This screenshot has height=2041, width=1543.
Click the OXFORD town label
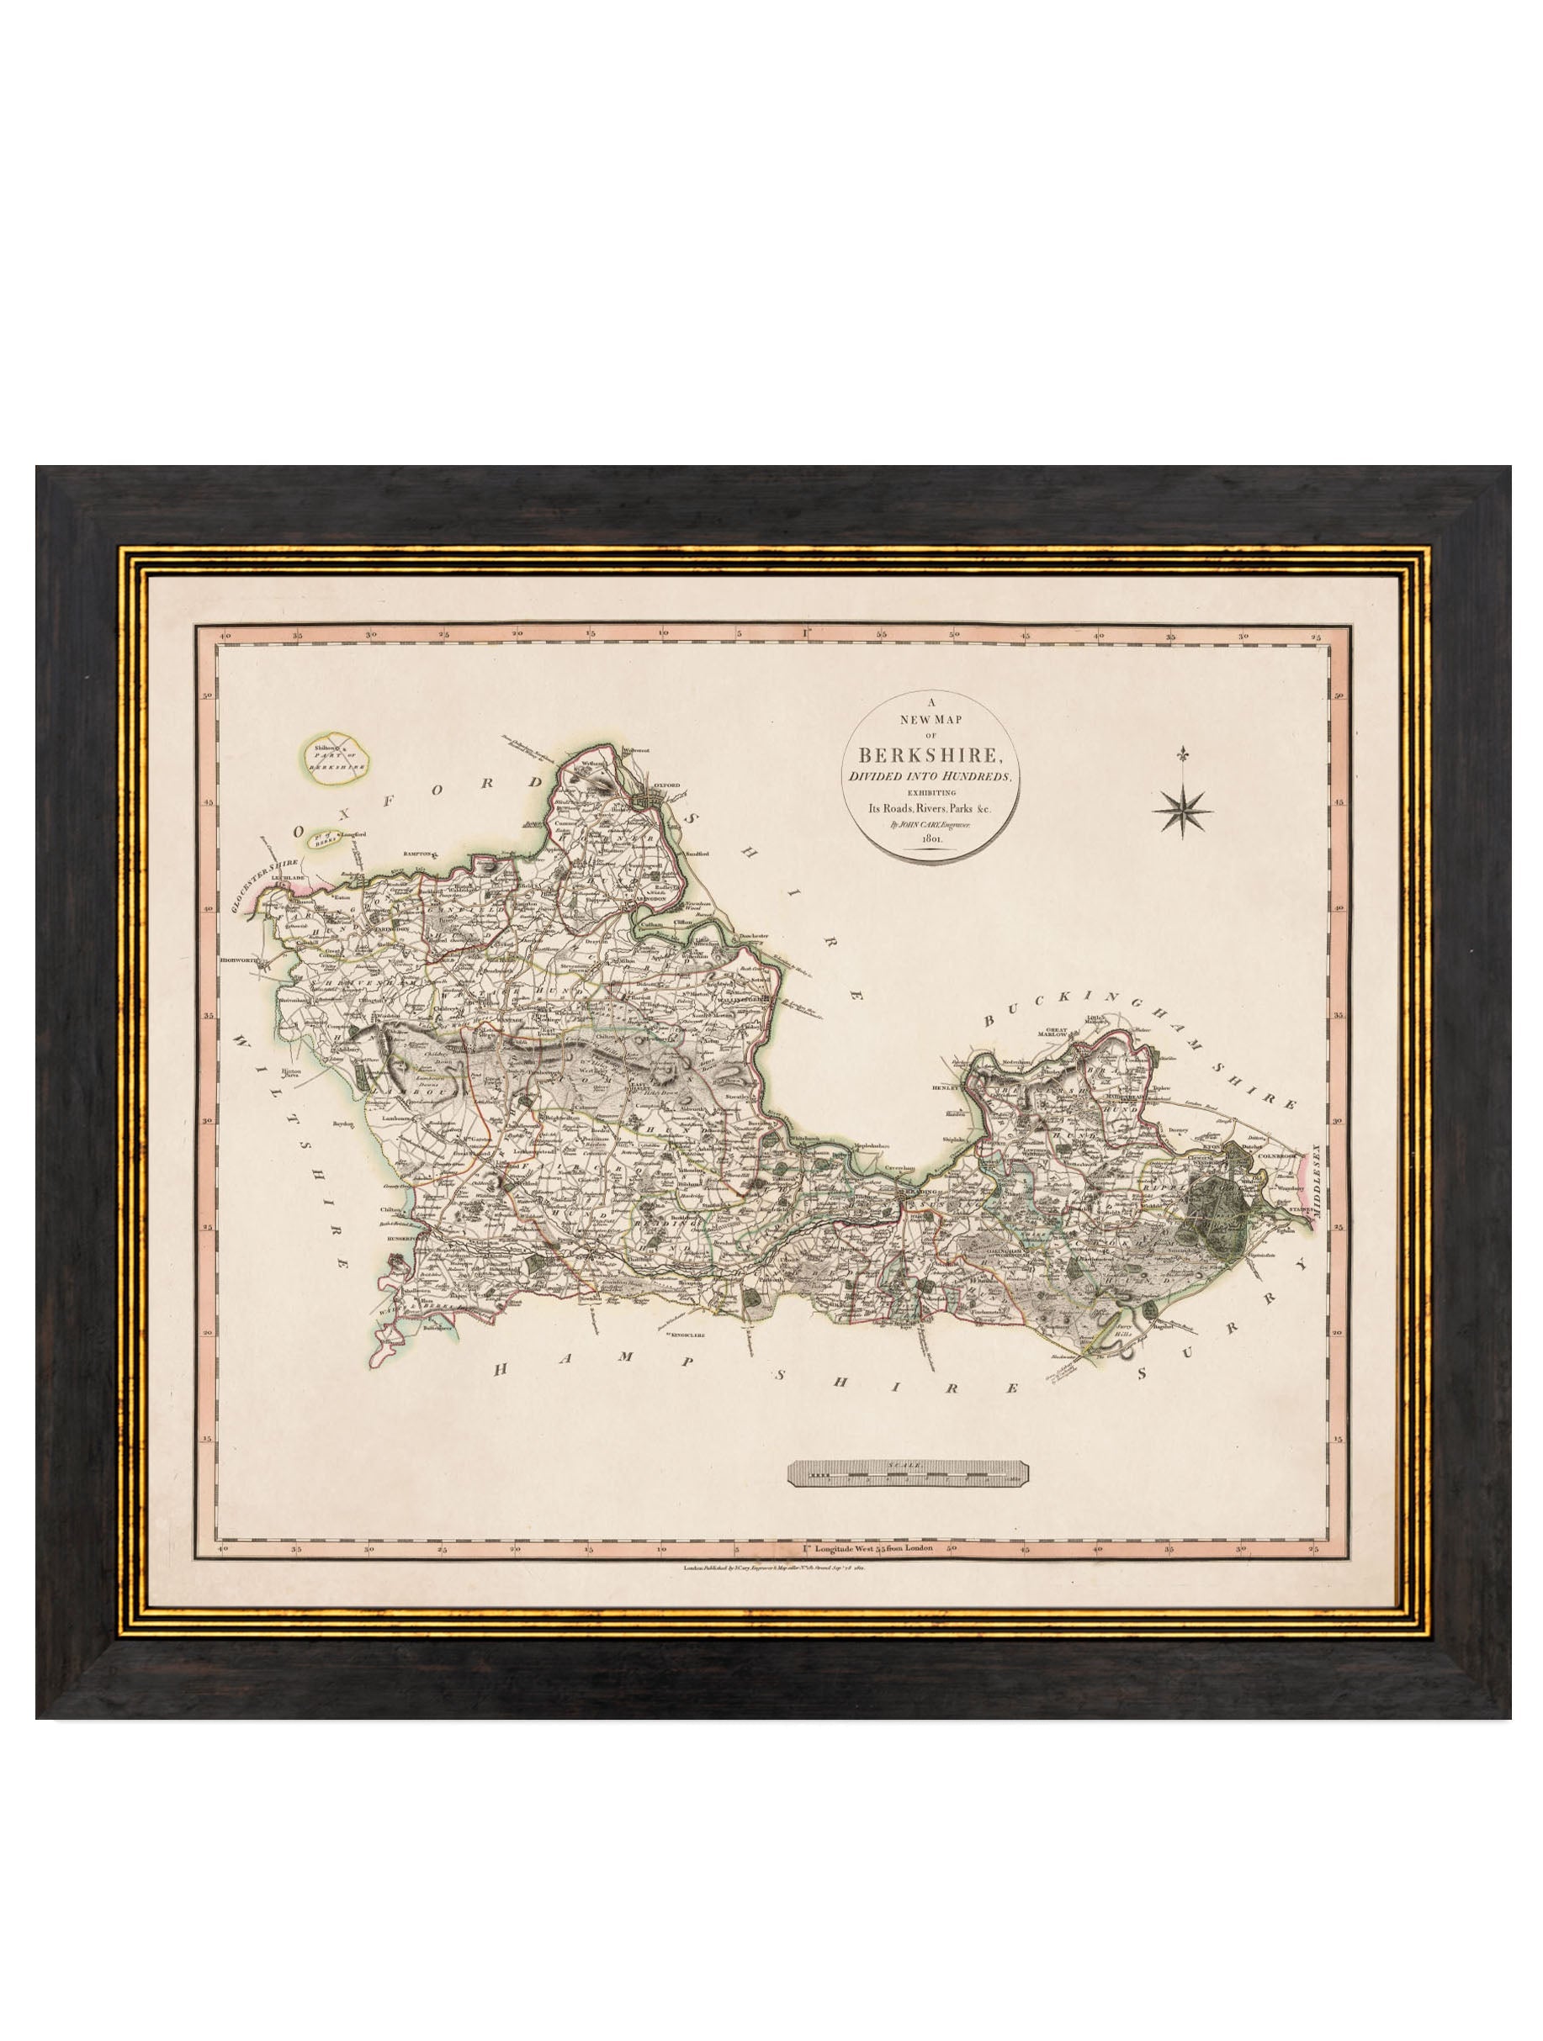click(x=666, y=785)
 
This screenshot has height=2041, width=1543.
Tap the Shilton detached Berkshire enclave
click(x=337, y=758)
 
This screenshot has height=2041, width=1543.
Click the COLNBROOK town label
click(x=1286, y=1148)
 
